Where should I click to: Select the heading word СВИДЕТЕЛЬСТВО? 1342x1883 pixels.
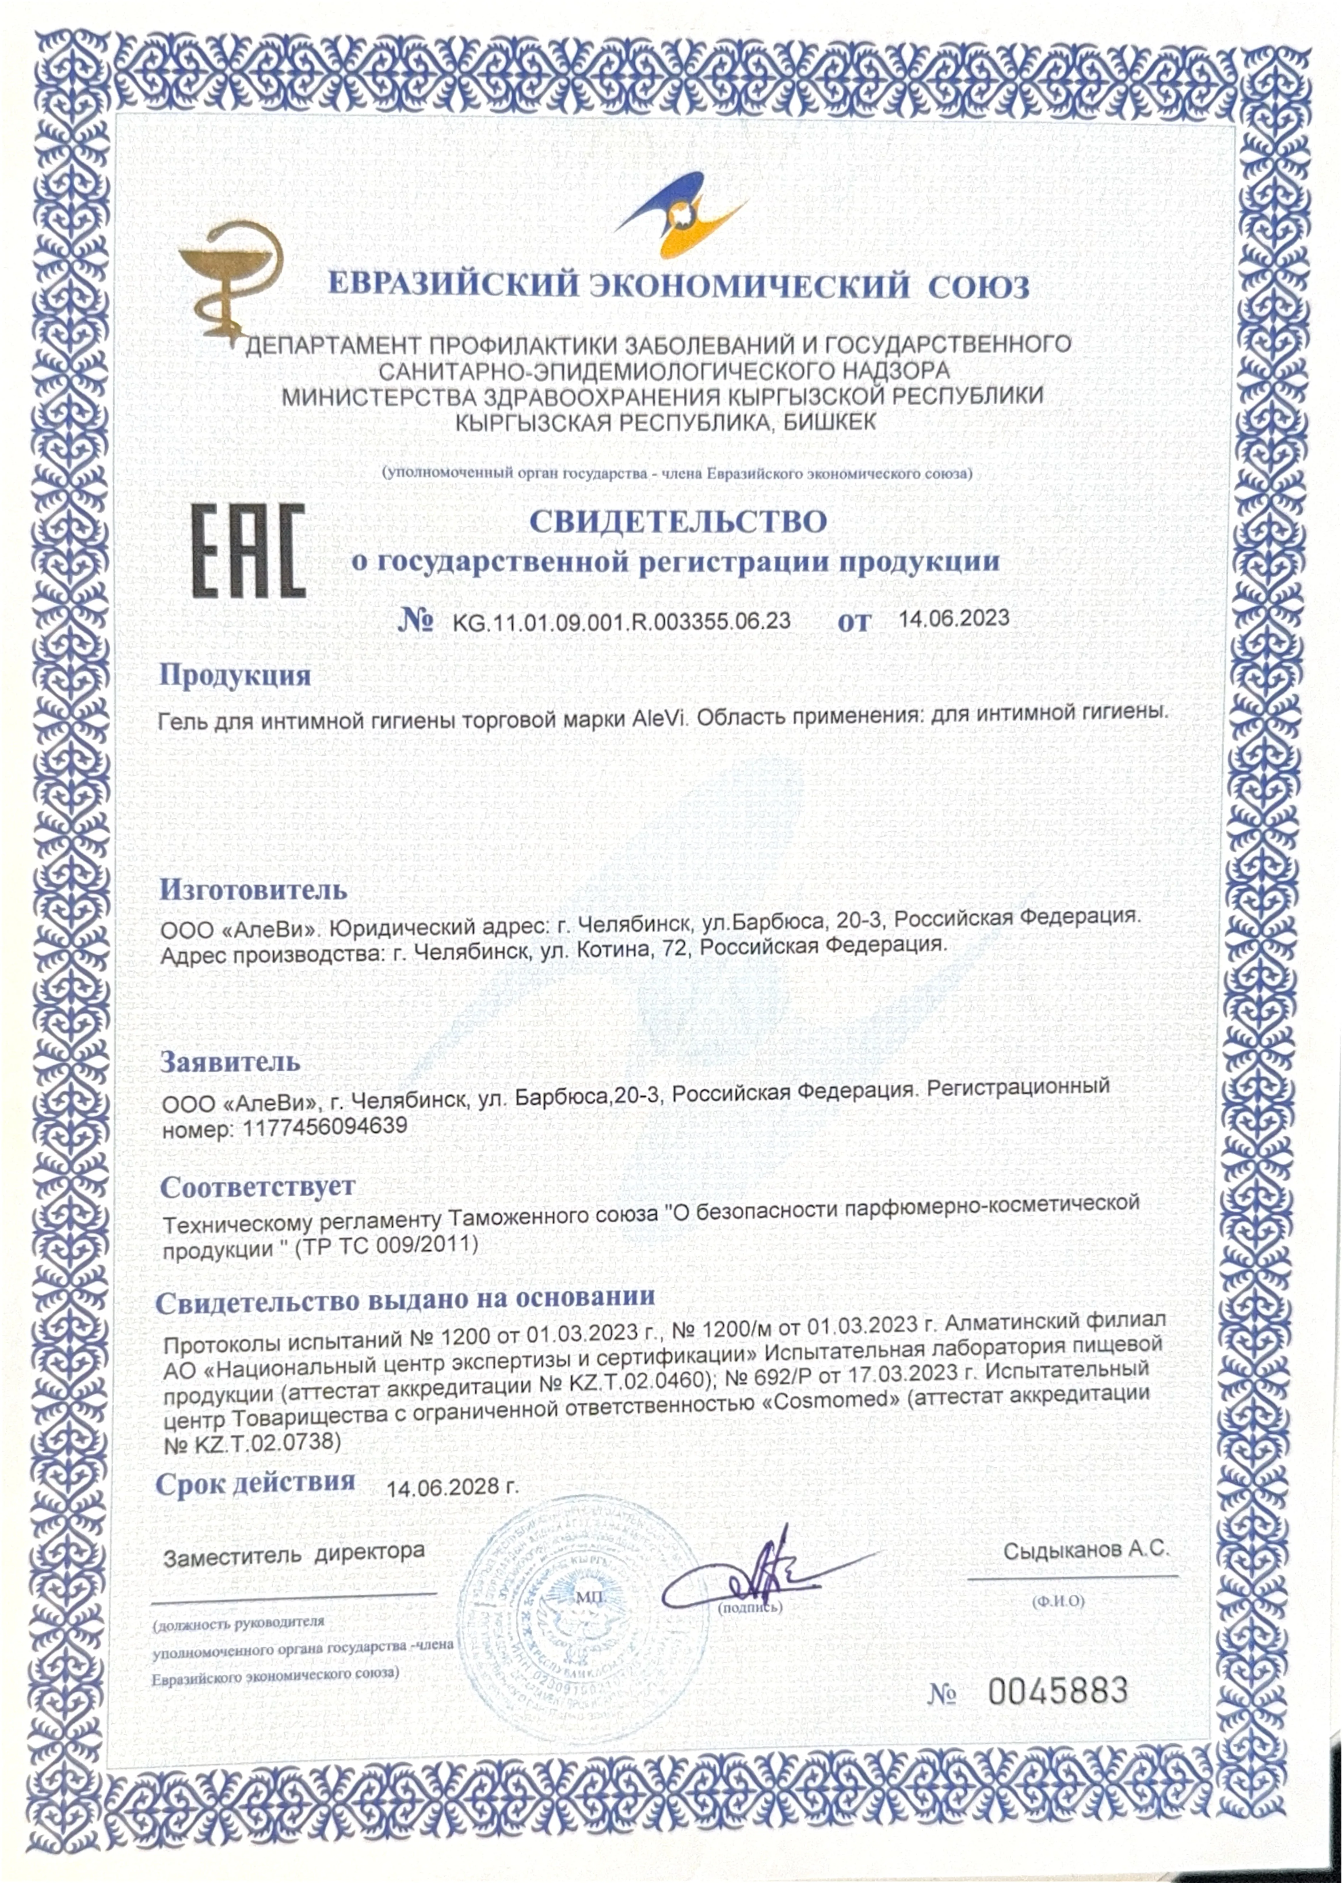point(678,522)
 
